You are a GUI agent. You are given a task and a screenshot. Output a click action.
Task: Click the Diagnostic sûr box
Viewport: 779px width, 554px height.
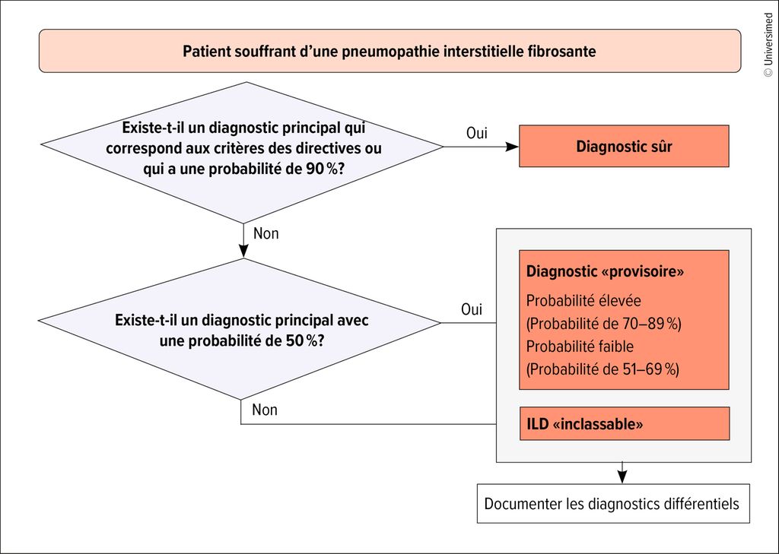coord(624,146)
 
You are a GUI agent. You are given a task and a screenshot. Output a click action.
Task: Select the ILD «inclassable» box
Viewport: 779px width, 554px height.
coord(625,423)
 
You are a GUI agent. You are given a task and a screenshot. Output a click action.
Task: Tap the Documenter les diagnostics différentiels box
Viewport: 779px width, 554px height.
coord(613,503)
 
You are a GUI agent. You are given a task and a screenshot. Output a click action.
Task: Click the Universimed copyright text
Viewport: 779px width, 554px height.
coord(768,45)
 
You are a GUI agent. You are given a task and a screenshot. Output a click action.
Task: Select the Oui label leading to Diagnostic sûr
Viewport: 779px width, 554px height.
coord(477,133)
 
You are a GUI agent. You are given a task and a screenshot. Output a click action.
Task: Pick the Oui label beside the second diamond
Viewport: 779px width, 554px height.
coord(472,309)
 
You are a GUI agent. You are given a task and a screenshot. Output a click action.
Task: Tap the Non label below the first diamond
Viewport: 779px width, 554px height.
coord(265,233)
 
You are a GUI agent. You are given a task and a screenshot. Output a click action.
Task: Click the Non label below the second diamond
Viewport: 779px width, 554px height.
coord(265,410)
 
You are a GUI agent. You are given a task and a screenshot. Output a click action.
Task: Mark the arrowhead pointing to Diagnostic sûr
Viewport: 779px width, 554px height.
coord(512,147)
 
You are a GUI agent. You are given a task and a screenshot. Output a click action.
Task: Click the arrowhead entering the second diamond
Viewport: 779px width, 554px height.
coord(243,252)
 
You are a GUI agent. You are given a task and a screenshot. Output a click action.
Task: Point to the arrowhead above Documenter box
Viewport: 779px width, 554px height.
coord(622,477)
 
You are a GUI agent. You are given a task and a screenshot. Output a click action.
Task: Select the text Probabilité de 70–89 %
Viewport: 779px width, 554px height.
coord(603,324)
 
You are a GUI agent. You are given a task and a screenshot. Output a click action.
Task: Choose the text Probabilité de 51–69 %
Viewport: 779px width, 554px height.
coord(603,369)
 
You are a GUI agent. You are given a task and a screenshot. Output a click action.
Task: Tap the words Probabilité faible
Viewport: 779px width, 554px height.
coord(580,346)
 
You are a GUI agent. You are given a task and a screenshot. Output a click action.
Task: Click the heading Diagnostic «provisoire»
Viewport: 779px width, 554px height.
coord(605,271)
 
